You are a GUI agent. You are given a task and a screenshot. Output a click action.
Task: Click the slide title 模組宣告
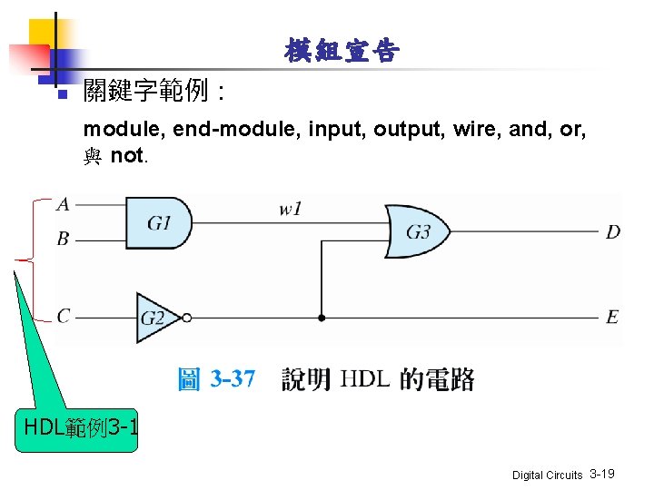340,52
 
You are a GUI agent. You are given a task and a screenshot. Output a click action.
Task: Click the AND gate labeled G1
158,222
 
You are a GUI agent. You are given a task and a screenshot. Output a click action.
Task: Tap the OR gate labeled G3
417,231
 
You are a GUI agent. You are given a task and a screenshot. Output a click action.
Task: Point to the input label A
63,204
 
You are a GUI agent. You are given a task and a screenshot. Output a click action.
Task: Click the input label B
63,240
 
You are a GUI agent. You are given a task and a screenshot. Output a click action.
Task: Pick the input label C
63,317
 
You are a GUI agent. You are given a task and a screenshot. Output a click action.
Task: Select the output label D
613,232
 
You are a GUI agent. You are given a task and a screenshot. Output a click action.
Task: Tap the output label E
612,317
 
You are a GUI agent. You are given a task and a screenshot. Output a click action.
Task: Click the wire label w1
291,210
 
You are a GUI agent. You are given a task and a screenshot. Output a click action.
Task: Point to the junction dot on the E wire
321,318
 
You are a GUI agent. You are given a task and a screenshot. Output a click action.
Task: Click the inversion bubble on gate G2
186,318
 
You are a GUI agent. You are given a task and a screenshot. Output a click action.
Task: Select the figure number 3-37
233,378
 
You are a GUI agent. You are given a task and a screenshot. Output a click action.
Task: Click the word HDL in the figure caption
364,379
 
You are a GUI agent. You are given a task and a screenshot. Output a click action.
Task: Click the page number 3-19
602,474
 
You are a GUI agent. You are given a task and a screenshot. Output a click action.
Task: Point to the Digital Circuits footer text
547,475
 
